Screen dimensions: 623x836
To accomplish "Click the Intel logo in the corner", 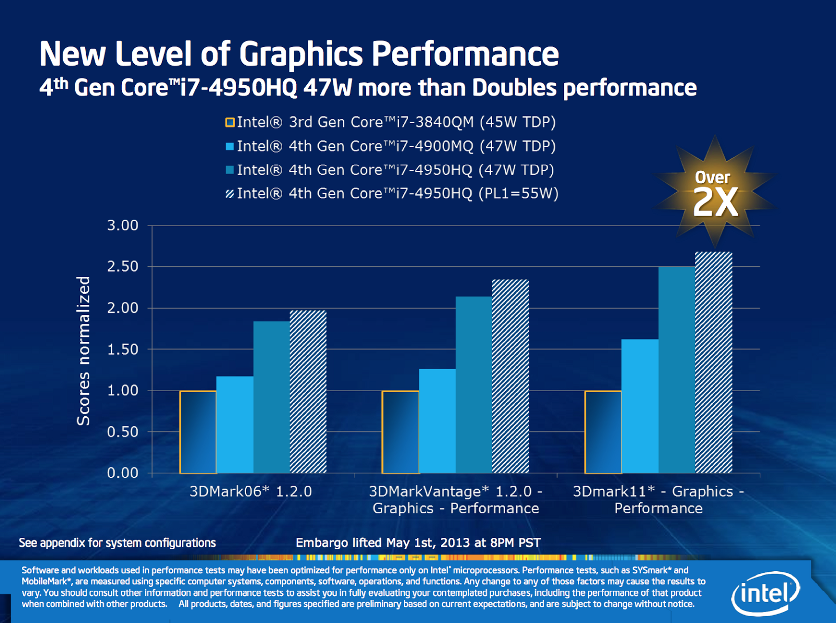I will [x=766, y=593].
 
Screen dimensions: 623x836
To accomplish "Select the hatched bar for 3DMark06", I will [x=308, y=392].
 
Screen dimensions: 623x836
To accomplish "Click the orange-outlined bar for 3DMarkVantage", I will [x=400, y=432].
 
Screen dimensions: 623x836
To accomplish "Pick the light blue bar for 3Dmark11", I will [x=640, y=406].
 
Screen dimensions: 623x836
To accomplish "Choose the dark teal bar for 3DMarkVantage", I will [x=474, y=385].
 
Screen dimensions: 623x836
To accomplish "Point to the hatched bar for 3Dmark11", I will [x=714, y=362].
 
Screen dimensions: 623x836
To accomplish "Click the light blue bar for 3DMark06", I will [x=235, y=425].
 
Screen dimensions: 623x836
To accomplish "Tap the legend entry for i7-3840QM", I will [x=391, y=122].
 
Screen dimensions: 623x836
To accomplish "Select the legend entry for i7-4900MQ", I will [x=391, y=146].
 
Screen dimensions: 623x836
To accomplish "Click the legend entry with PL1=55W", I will [x=392, y=194].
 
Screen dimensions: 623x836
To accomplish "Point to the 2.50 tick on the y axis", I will [x=123, y=266].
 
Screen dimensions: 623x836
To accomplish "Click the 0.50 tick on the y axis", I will [x=123, y=432].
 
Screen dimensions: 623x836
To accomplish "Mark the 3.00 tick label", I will [x=123, y=226].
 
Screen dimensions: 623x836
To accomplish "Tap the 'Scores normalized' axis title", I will [x=84, y=350].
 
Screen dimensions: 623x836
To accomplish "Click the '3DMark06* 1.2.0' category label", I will [x=251, y=491].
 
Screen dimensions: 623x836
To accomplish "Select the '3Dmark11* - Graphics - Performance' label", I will [x=658, y=500].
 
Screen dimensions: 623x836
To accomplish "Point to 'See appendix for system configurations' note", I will [x=117, y=543].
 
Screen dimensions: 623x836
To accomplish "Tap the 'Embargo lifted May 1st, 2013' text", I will [x=418, y=543].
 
